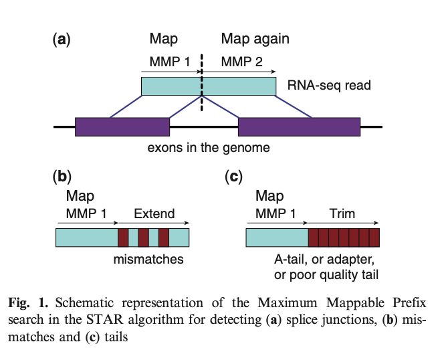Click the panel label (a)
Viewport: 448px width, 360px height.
pos(62,39)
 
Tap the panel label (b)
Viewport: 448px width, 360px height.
pos(62,177)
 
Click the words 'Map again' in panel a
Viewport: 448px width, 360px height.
pos(255,39)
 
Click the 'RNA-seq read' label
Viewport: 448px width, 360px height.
pos(328,86)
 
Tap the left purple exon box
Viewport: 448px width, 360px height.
pos(122,127)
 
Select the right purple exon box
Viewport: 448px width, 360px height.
pos(299,127)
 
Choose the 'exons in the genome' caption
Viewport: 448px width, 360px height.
pos(209,147)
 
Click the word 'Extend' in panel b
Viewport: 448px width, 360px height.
pos(154,214)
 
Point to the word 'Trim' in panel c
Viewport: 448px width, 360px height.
pos(342,214)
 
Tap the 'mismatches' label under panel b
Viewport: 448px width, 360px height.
pos(148,258)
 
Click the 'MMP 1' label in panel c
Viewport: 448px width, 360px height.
pos(275,214)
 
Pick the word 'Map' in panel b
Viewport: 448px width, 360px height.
pos(80,197)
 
